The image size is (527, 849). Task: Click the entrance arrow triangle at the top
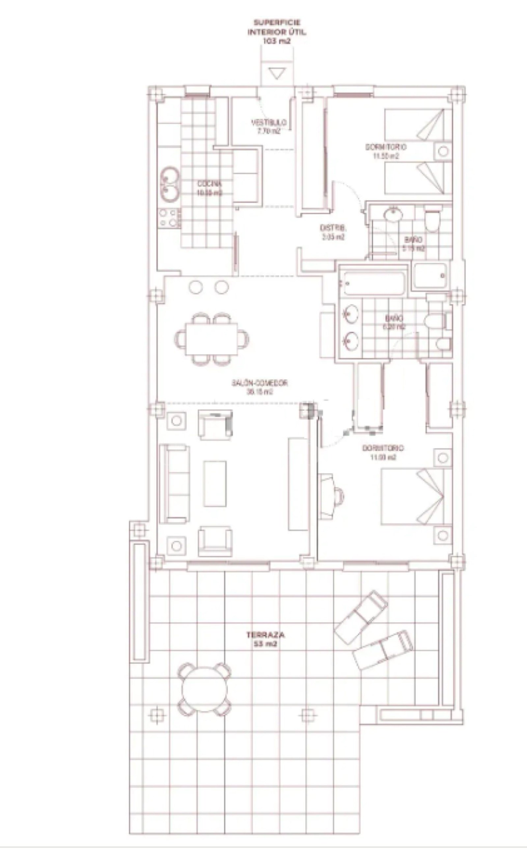pyautogui.click(x=277, y=73)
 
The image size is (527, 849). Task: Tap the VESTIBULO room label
pyautogui.click(x=269, y=127)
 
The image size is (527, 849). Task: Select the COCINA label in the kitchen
pyautogui.click(x=209, y=188)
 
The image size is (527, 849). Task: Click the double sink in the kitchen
pyautogui.click(x=170, y=184)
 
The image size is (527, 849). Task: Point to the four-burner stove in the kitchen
pyautogui.click(x=169, y=218)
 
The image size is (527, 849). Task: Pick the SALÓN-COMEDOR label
pyautogui.click(x=260, y=387)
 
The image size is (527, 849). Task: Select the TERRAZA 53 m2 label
pyautogui.click(x=265, y=639)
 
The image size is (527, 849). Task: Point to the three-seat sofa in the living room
pyautogui.click(x=175, y=483)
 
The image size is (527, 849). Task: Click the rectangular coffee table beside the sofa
pyautogui.click(x=215, y=483)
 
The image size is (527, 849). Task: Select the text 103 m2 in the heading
pyautogui.click(x=277, y=41)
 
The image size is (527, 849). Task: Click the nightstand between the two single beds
pyautogui.click(x=443, y=151)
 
